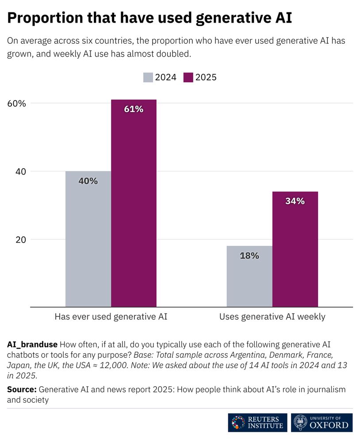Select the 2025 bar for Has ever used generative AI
pos(134,203)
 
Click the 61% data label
pos(134,109)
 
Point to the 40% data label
pos(88,181)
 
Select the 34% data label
pos(295,201)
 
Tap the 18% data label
pos(249,255)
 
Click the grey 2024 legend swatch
pos(148,77)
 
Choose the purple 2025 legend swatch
pos(188,77)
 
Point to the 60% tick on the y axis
pos(17,103)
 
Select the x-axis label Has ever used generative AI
pos(111,316)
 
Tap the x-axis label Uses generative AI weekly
pos(272,316)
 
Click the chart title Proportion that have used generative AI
pos(149,18)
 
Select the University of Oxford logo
pos(322,423)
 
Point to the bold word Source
pos(22,389)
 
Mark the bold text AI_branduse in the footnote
pos(32,344)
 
